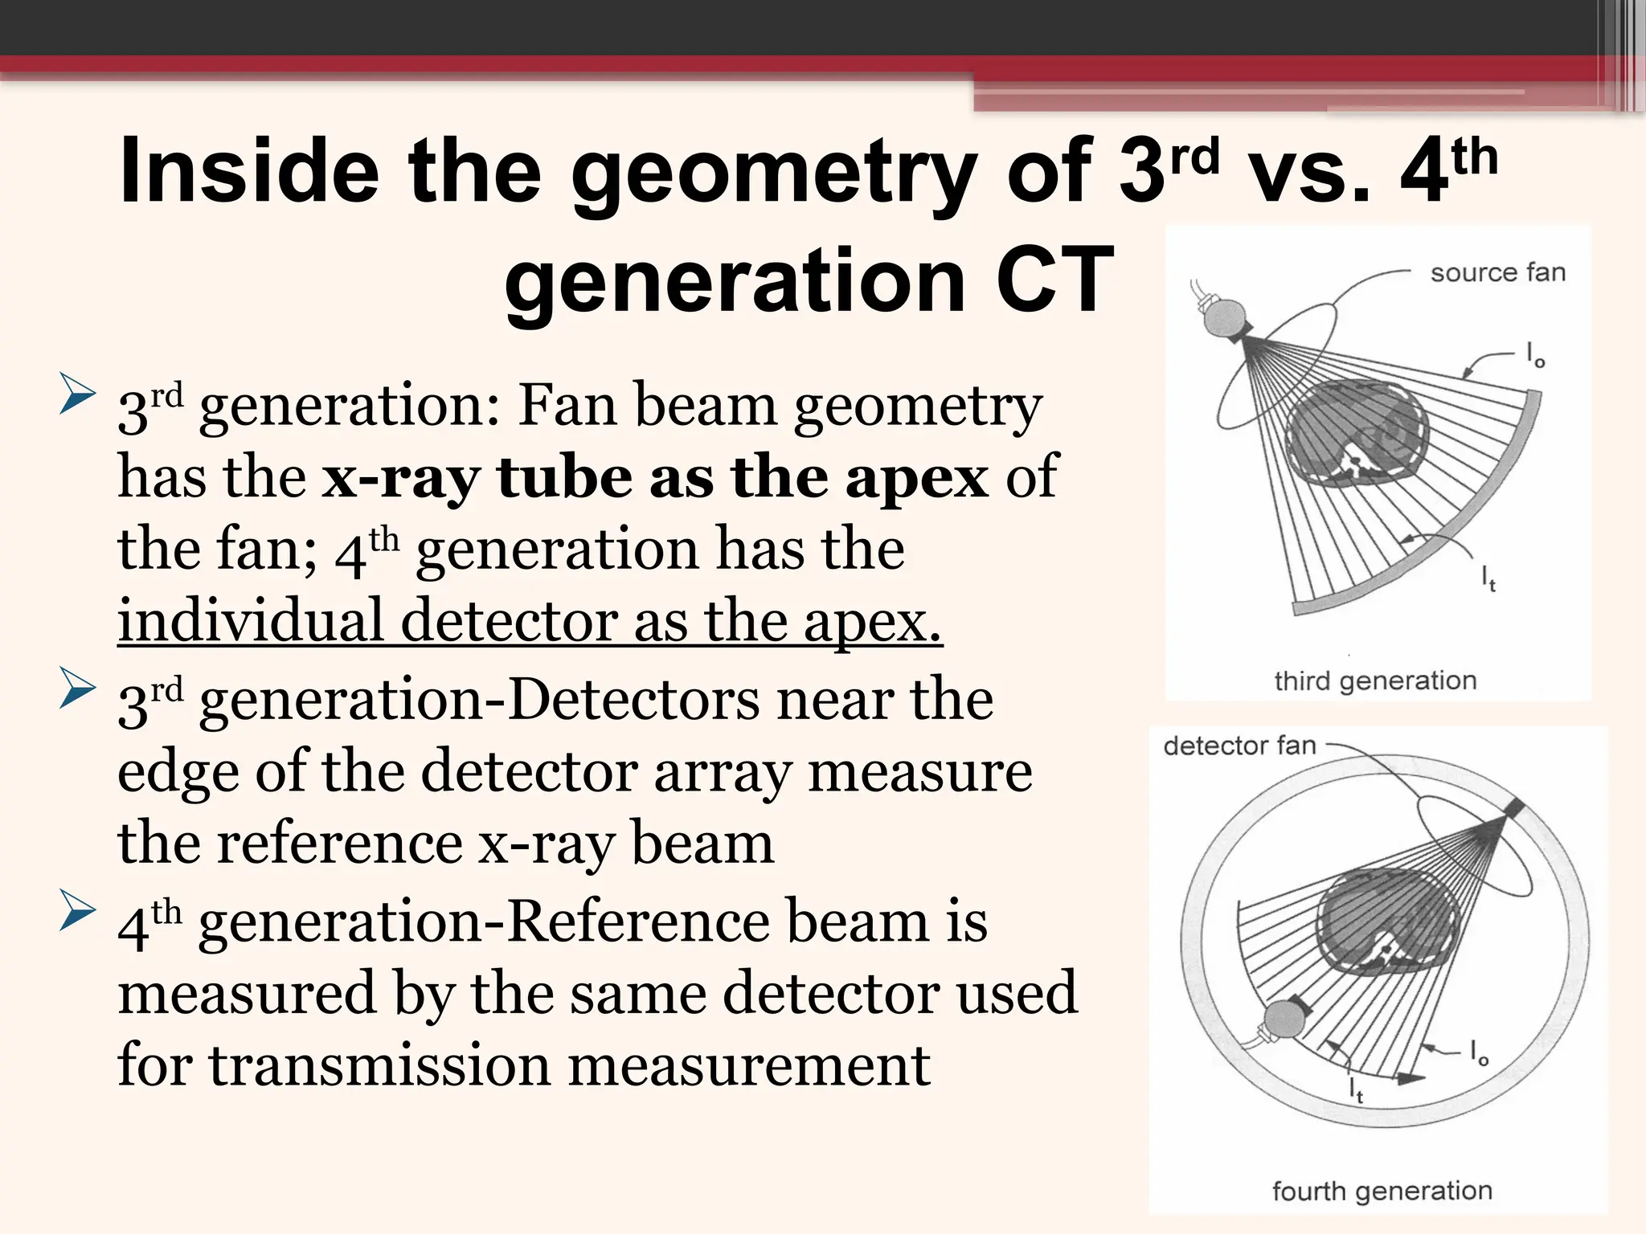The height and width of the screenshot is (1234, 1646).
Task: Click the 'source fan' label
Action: point(1497,273)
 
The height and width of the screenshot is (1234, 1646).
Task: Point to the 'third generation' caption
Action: point(1375,680)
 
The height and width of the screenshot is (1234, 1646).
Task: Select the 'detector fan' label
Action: point(1239,746)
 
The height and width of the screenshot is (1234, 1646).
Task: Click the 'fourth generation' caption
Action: point(1382,1191)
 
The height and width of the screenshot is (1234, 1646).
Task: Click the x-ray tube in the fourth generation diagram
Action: point(1284,1020)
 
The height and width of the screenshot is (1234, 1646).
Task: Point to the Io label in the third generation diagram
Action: point(1534,354)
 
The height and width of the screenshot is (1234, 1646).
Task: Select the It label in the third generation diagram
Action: point(1488,578)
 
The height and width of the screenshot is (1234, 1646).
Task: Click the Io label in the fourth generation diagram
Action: point(1479,1052)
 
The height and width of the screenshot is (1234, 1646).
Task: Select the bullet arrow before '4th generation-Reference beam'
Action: point(77,915)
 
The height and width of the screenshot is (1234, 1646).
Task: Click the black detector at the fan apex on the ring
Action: point(1512,809)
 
